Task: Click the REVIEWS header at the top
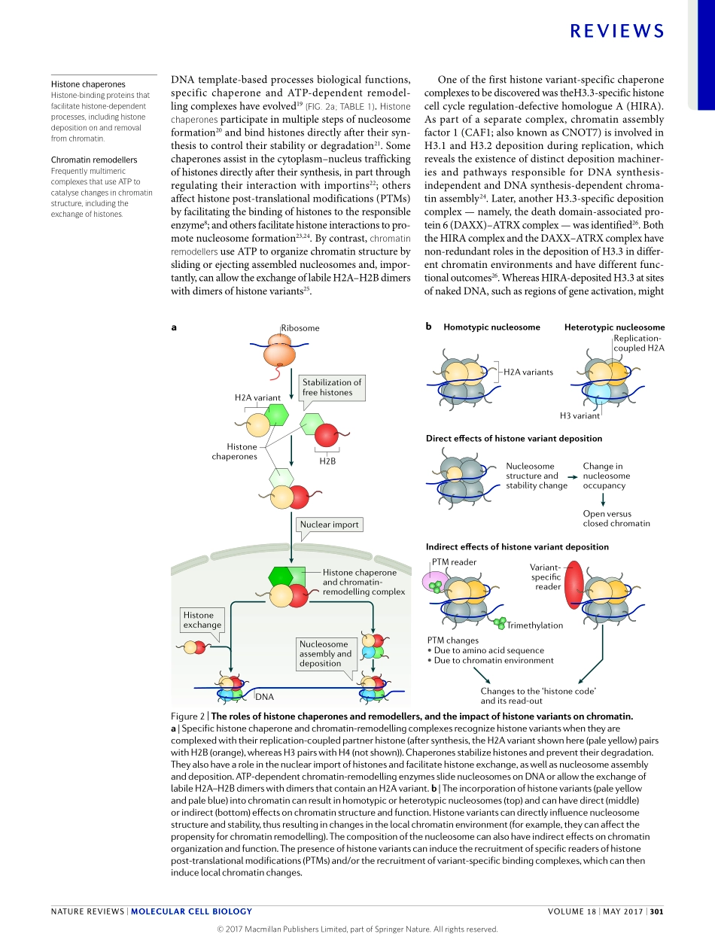(x=617, y=31)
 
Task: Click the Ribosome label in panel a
(x=300, y=328)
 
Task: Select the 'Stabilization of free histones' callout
(x=332, y=387)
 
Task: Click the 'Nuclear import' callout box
(x=329, y=525)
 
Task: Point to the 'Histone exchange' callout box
(x=202, y=620)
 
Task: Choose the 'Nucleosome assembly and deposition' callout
(x=325, y=654)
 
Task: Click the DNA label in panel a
(x=264, y=697)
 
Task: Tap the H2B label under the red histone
(x=327, y=461)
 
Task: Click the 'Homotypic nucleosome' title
(x=491, y=327)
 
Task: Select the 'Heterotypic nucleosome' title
(x=614, y=327)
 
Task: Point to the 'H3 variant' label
(x=580, y=415)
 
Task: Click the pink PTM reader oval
(x=437, y=581)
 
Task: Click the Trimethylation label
(x=534, y=625)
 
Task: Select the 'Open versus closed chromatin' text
(x=616, y=519)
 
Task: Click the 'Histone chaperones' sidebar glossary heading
(x=88, y=84)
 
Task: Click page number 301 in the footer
(x=656, y=911)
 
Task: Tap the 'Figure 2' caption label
(x=188, y=716)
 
